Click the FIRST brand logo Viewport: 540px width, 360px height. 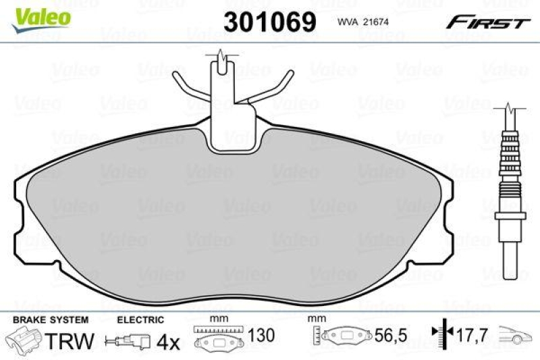485,22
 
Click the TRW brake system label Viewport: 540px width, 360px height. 69,340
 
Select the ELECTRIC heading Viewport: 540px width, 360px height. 140,319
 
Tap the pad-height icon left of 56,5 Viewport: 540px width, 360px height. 343,336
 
